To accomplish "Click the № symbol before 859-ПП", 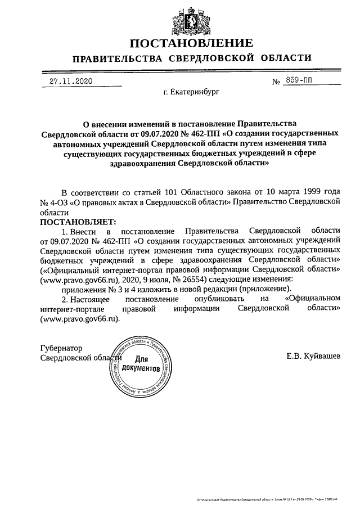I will click(x=276, y=82).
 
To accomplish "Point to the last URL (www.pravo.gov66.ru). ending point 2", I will click(x=80, y=318).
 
